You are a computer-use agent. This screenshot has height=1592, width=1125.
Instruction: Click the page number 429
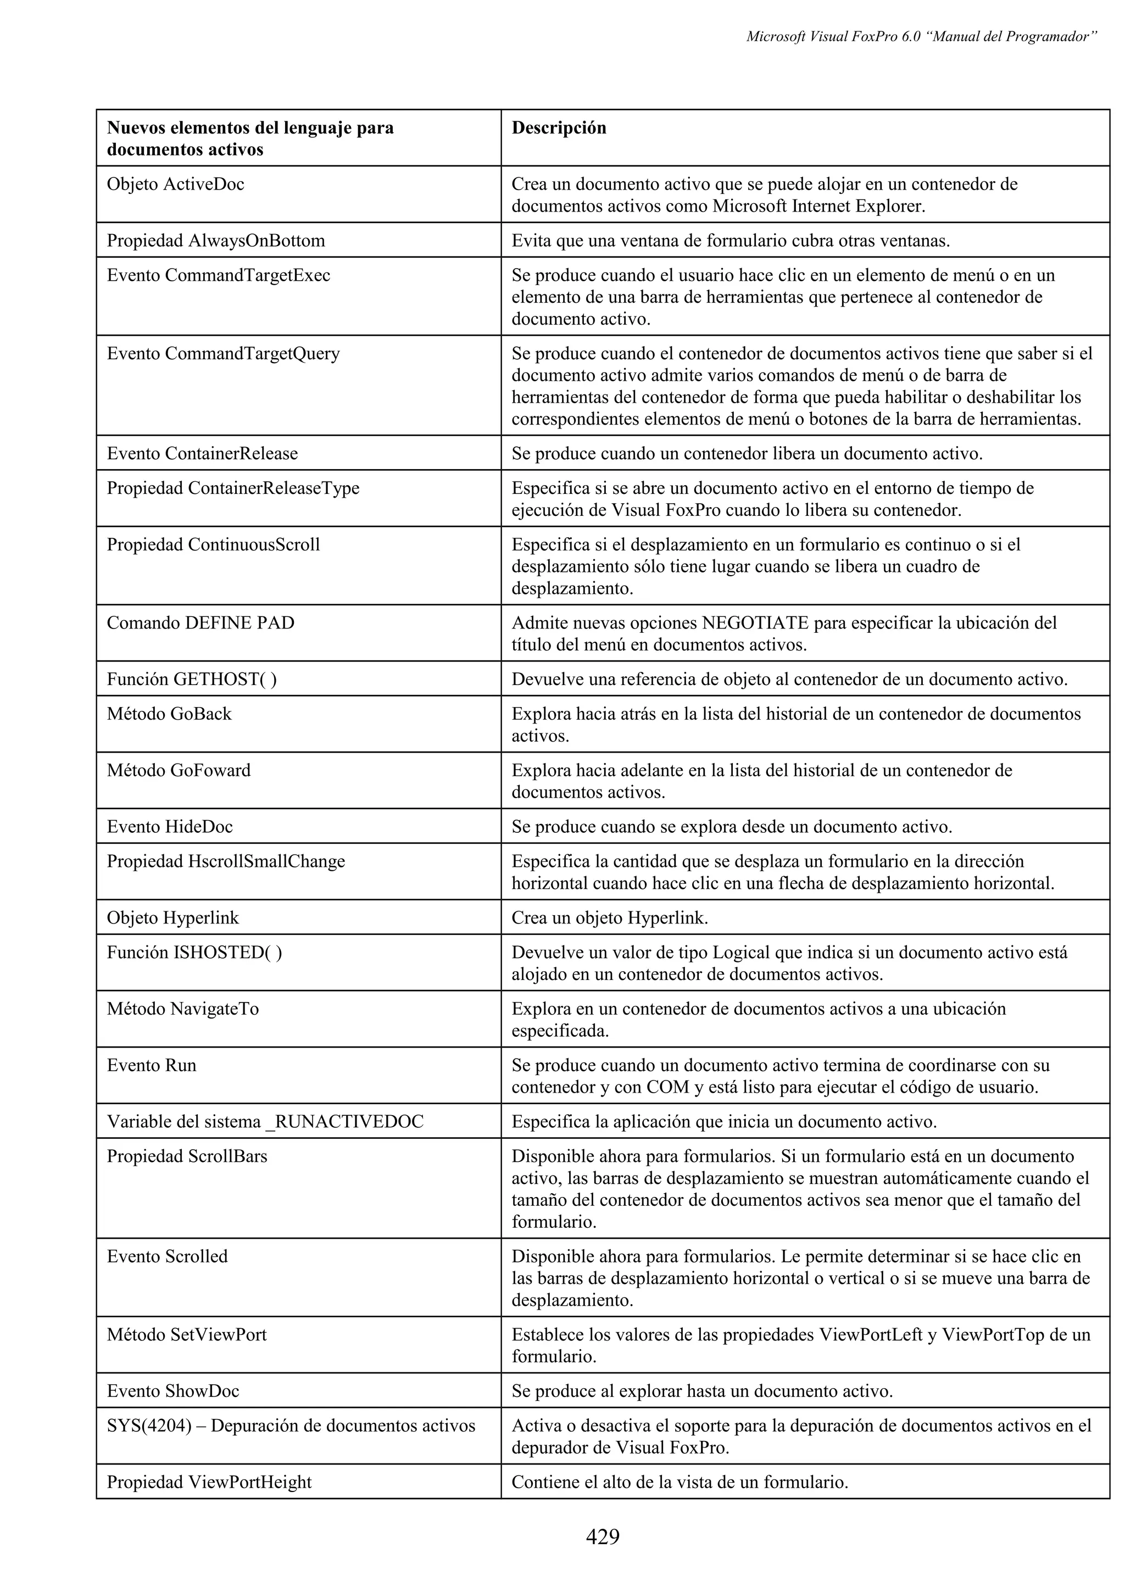(603, 1537)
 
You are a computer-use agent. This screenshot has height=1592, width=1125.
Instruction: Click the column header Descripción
(559, 127)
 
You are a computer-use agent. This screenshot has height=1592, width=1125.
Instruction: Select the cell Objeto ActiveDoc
(175, 185)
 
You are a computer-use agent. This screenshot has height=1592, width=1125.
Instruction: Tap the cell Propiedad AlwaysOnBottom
(215, 241)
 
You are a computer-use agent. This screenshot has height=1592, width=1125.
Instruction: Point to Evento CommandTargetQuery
(223, 354)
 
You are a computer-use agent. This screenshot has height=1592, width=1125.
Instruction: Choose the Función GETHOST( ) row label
(191, 680)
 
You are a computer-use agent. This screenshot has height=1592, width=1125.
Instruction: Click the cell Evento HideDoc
(170, 827)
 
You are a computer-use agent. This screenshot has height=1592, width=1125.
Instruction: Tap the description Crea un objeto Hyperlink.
(609, 918)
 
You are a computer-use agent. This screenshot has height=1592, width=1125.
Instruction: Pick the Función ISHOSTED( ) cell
(194, 953)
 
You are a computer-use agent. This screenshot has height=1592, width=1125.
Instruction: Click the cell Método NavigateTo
(182, 1009)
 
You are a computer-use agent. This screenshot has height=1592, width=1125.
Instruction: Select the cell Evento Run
(151, 1065)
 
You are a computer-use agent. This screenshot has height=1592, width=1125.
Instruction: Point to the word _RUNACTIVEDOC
(344, 1122)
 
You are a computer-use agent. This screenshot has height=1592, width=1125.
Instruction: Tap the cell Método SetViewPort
(186, 1335)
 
